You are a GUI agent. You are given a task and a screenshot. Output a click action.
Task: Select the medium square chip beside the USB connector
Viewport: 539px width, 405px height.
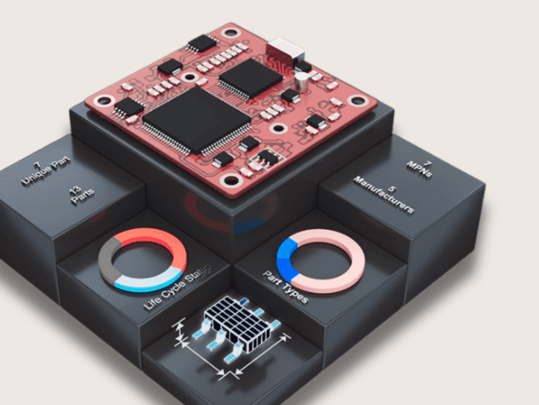tap(251, 78)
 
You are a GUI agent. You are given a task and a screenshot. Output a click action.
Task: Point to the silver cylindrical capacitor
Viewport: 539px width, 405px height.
tap(302, 82)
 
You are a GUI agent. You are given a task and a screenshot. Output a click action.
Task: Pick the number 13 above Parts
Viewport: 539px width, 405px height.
tap(75, 190)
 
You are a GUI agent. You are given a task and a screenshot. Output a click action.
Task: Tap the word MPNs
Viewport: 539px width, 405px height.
tap(420, 169)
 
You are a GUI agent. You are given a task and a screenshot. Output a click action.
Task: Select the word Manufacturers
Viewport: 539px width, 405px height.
tap(384, 195)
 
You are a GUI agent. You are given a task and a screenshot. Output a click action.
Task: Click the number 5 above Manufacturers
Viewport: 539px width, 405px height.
tap(392, 188)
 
